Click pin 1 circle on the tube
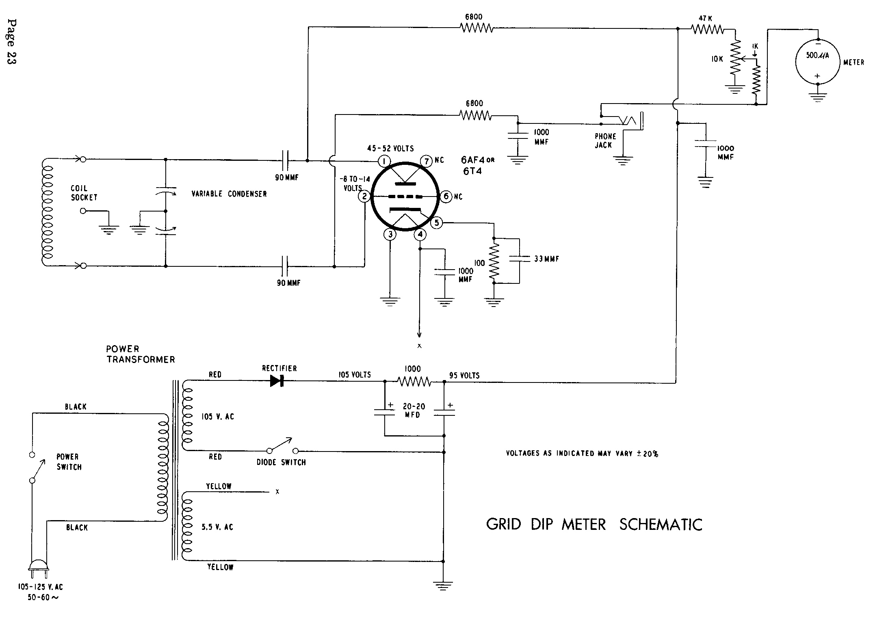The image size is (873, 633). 384,162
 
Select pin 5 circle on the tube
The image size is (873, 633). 436,223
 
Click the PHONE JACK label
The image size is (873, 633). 605,140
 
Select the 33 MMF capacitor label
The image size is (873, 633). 546,259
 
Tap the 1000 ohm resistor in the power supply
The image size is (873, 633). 414,382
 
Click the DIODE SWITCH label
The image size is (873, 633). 281,462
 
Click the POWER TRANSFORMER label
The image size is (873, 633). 140,354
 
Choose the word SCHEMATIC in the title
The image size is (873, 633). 661,524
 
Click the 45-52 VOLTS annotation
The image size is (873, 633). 390,149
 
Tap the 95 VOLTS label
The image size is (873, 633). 464,375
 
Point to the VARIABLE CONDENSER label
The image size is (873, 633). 229,194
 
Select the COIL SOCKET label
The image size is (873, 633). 84,193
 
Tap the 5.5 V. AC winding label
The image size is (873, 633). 218,527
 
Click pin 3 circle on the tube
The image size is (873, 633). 390,234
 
